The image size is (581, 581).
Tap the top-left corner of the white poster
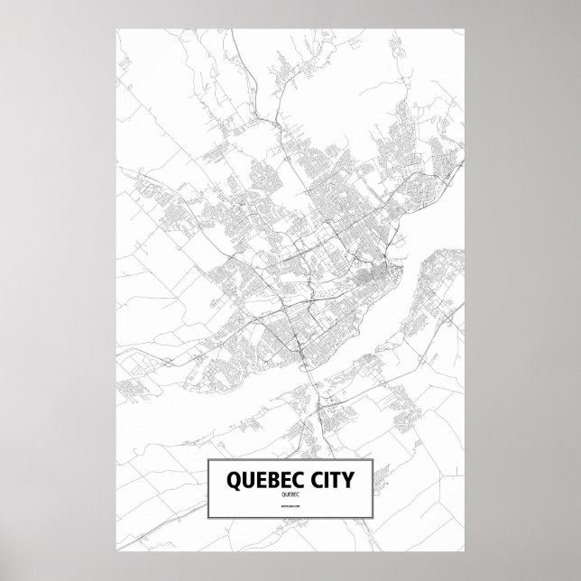click(118, 27)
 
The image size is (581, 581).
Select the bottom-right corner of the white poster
click(464, 554)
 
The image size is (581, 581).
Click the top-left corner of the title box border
click(207, 459)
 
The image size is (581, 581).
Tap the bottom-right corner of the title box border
click(374, 522)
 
